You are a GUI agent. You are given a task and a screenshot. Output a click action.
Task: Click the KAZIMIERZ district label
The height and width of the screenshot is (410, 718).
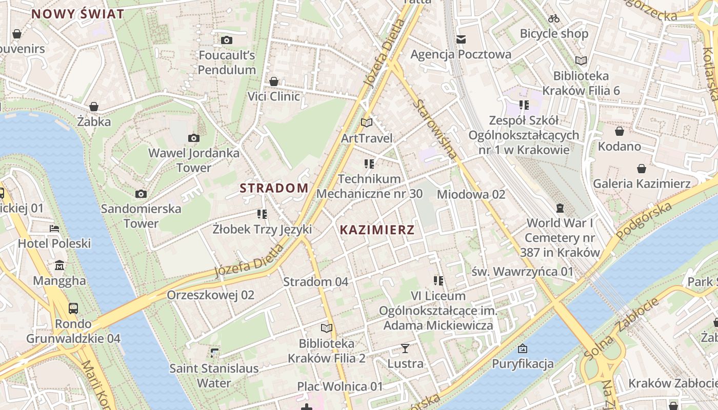coord(377,230)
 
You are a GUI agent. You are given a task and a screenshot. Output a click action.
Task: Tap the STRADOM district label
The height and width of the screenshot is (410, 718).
coord(274,188)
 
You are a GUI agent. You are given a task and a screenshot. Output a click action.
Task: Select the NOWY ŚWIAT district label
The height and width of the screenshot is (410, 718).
coord(78,14)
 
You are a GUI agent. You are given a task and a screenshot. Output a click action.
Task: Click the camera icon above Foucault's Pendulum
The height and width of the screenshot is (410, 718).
coord(227,40)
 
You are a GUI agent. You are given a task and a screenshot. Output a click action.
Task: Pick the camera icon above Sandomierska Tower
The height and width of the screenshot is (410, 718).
coord(141,194)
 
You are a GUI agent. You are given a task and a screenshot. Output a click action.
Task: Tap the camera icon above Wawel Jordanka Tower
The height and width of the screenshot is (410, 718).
coord(193,138)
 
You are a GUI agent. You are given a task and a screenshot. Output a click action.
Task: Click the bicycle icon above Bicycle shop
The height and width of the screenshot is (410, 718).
coord(554,18)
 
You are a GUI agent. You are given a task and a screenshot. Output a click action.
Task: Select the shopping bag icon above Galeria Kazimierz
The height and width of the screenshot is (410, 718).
coord(641,169)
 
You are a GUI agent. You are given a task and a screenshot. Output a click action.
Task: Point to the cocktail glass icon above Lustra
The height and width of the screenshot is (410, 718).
coord(405,348)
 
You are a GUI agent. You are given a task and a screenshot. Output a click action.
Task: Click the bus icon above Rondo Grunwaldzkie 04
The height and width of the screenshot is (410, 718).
coord(73,309)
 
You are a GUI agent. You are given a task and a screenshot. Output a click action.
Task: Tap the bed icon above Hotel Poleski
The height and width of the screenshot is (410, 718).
coord(54,228)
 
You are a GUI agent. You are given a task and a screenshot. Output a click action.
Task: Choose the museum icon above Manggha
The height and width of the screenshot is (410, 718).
coord(59,265)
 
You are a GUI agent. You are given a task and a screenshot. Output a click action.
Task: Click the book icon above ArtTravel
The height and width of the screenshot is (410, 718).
coord(366,123)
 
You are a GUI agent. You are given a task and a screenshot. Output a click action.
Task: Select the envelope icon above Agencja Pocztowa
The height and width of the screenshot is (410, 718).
coord(461,39)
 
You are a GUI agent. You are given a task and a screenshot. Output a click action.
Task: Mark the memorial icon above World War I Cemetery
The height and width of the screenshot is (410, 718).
coord(560,208)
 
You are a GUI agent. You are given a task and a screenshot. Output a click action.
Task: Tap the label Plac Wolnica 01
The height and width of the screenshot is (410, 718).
coord(340,386)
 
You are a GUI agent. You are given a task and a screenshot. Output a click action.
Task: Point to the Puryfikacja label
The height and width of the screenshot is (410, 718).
coord(523,364)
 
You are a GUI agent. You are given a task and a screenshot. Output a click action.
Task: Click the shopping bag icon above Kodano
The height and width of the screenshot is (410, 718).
coord(620,131)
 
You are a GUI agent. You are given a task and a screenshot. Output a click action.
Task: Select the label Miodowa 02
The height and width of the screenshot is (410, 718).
coord(471,194)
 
